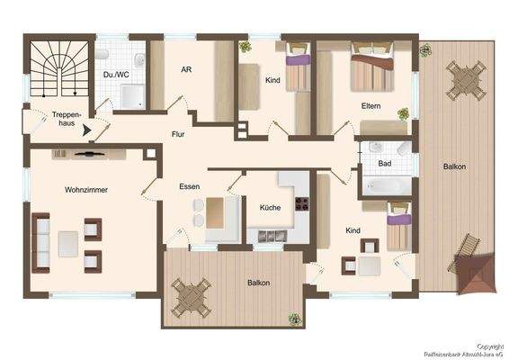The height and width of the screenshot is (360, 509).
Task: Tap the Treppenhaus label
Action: pyautogui.click(x=68, y=119)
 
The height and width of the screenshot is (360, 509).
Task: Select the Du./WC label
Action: pyautogui.click(x=114, y=75)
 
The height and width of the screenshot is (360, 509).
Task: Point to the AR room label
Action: pyautogui.click(x=186, y=69)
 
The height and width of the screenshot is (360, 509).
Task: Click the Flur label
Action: pyautogui.click(x=179, y=134)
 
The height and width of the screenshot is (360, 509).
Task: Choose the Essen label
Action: pyautogui.click(x=189, y=186)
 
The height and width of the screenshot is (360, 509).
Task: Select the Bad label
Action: pyautogui.click(x=385, y=163)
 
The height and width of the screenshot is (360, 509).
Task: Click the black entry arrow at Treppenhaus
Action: pyautogui.click(x=87, y=130)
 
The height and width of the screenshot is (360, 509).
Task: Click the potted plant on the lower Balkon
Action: pyautogui.click(x=294, y=319)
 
